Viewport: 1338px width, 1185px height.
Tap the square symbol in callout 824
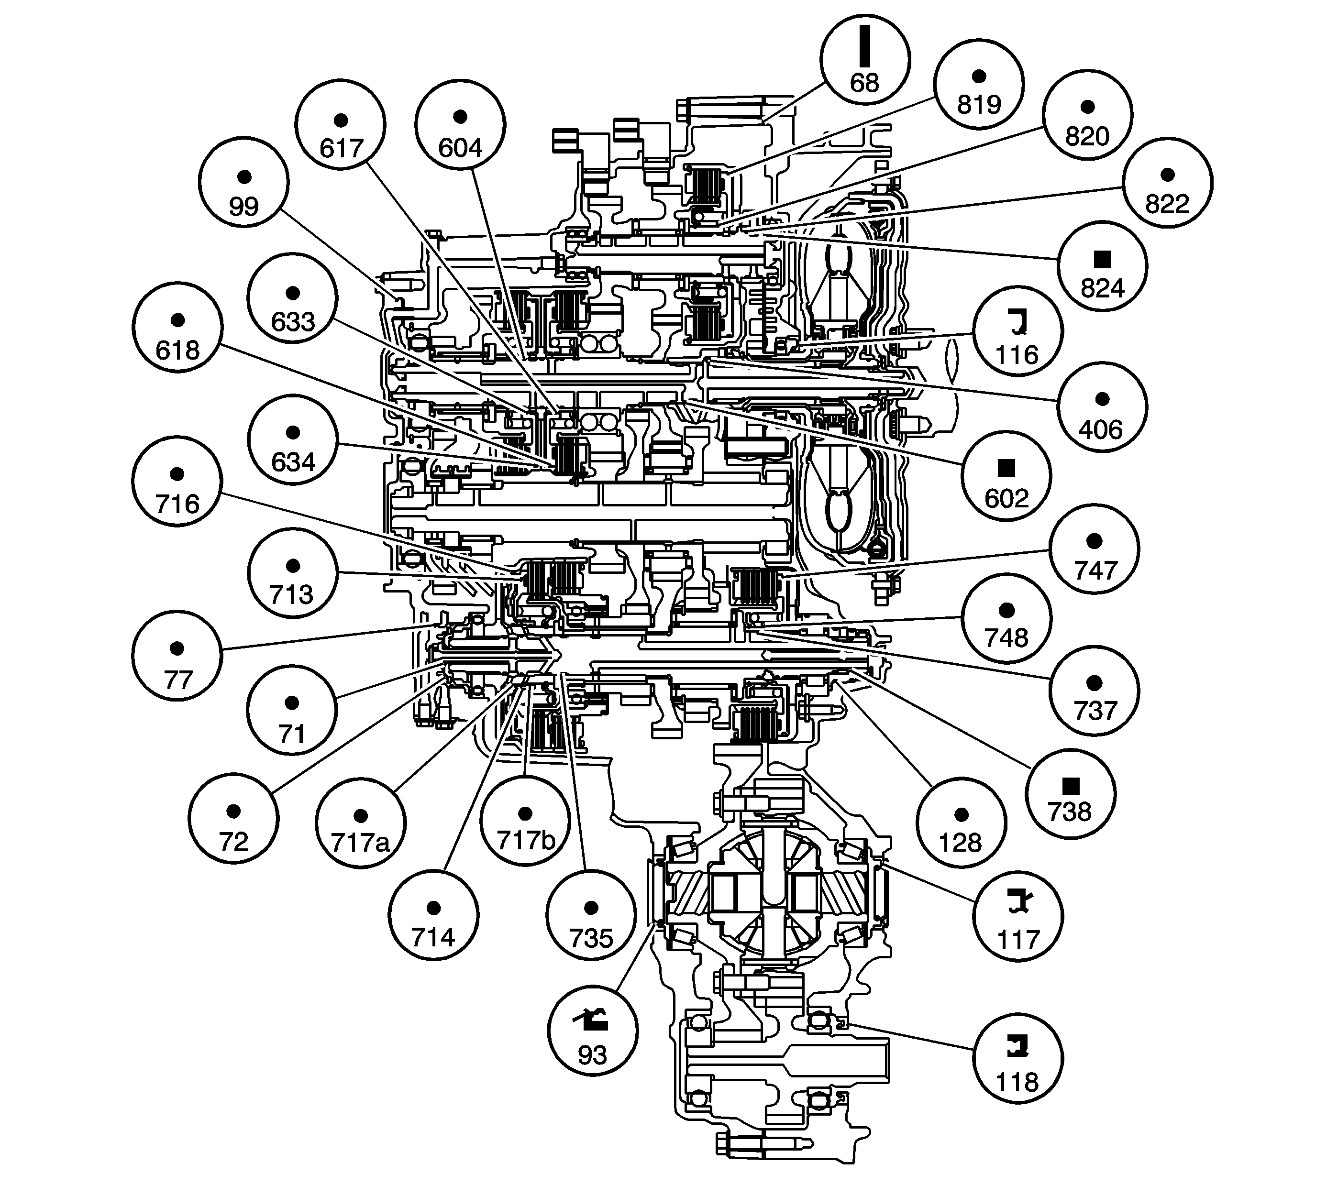click(1102, 259)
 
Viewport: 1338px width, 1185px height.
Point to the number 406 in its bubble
click(1101, 430)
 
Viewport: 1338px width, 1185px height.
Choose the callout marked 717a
click(360, 824)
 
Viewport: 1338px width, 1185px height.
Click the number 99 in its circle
click(243, 207)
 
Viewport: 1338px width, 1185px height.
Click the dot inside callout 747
click(1094, 541)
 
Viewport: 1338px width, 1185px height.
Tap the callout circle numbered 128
click(961, 824)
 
